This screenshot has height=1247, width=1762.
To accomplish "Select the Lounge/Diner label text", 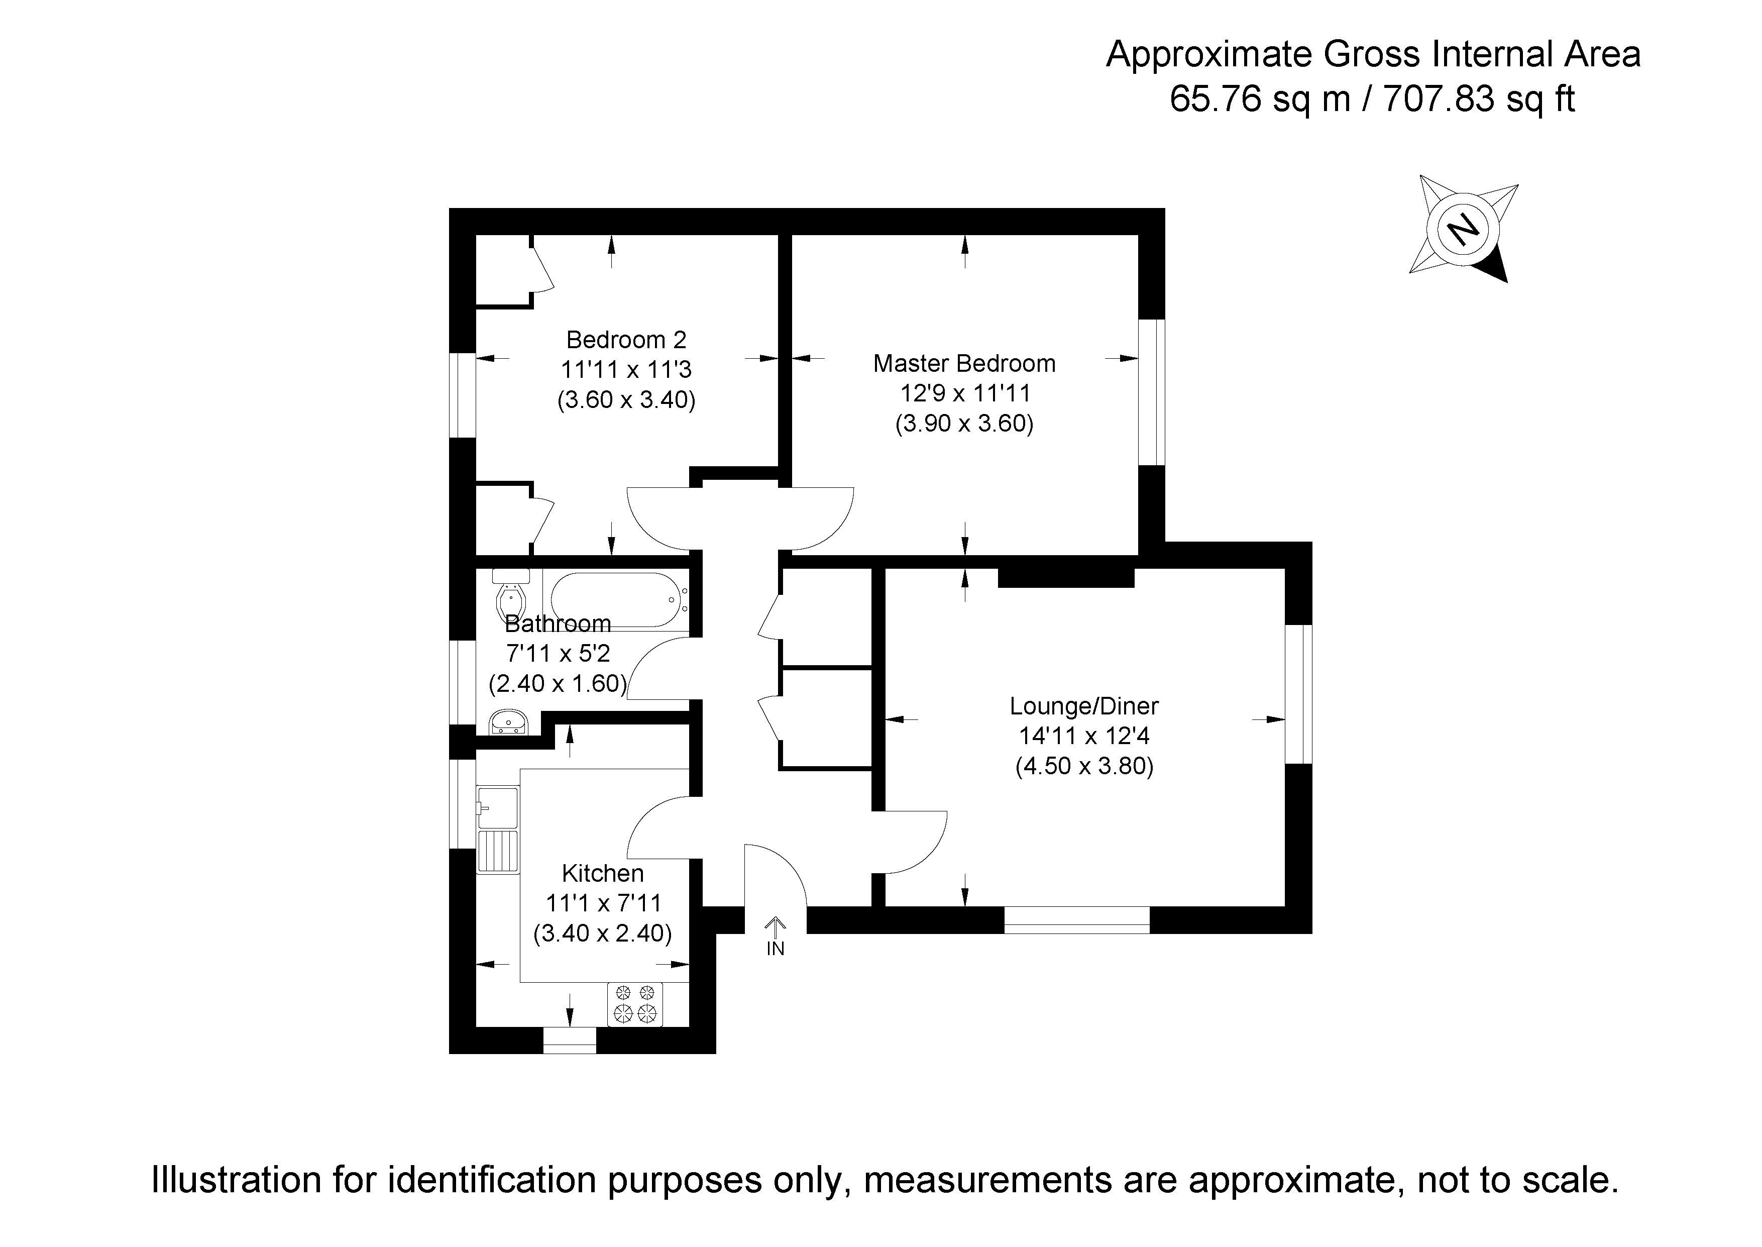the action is pyautogui.click(x=1083, y=706).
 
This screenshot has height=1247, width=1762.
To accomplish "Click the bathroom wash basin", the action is pyautogui.click(x=508, y=722).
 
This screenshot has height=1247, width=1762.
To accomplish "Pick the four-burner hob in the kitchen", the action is pyautogui.click(x=635, y=1004).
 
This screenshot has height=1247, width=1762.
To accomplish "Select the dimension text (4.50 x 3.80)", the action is pyautogui.click(x=1083, y=766).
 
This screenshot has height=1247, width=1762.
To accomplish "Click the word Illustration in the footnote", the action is pyautogui.click(x=237, y=1180).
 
